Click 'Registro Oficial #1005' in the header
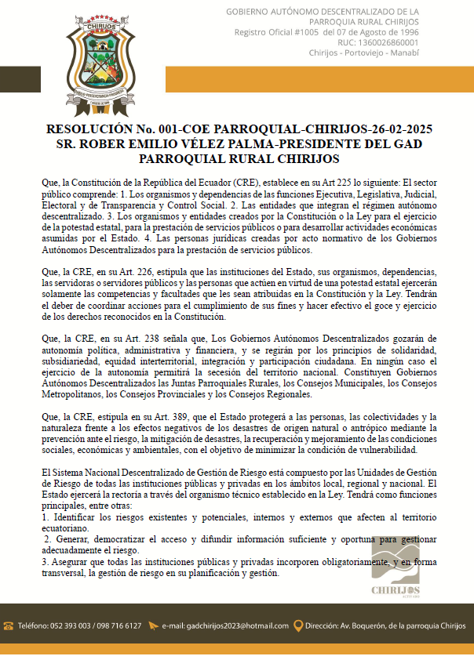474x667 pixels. click(x=275, y=32)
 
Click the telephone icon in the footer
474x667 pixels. click(x=9, y=625)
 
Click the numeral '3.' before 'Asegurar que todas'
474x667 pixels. click(x=46, y=562)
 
